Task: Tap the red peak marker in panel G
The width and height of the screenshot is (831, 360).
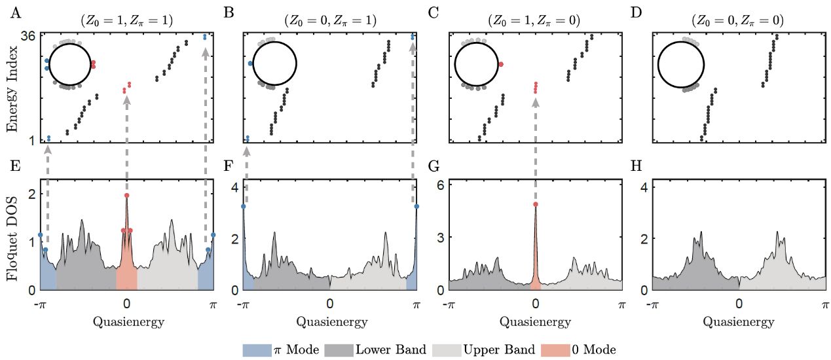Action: pos(536,204)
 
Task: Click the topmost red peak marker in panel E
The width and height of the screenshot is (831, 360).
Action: pos(126,195)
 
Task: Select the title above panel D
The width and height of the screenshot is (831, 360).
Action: pos(737,20)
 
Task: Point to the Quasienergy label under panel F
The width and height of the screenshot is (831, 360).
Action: pos(330,321)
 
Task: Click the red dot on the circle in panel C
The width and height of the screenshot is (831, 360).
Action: pos(500,64)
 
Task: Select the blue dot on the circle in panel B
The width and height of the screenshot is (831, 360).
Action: pos(251,63)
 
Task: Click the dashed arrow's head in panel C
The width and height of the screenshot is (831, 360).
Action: pos(536,102)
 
